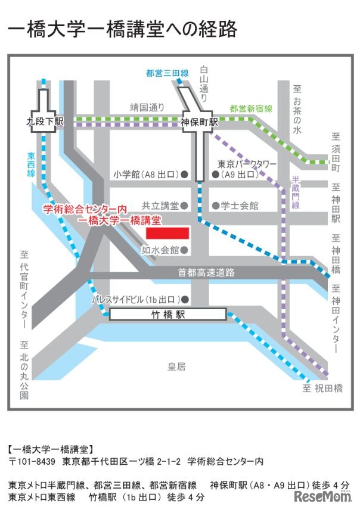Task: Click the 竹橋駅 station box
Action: (x=167, y=314)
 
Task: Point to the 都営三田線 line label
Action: (x=167, y=74)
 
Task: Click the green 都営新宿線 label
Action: (x=251, y=108)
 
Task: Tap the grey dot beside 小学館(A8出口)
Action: (x=185, y=175)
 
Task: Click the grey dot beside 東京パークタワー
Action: (x=215, y=175)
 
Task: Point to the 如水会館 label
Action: (x=160, y=250)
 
